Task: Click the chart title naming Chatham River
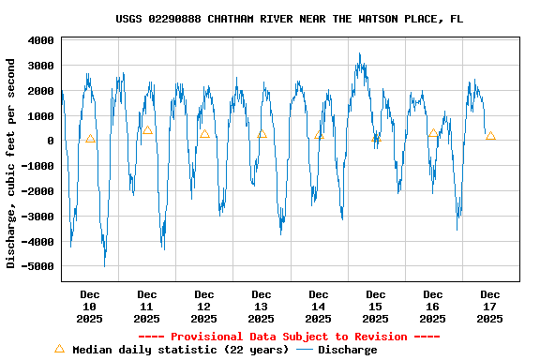point(289,19)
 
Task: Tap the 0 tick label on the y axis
point(50,141)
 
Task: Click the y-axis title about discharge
point(11,163)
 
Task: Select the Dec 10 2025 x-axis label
point(90,307)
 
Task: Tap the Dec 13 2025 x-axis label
point(262,307)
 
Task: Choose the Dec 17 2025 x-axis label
point(490,307)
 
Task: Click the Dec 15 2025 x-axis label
point(376,307)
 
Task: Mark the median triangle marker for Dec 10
point(90,139)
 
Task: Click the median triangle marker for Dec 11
point(147,130)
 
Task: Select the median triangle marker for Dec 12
point(204,134)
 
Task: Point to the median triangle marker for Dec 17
point(490,136)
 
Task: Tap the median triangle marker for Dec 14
point(319,134)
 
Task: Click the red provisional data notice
point(289,337)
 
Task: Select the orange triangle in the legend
point(59,349)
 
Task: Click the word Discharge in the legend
point(347,350)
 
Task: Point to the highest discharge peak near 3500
point(359,54)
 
